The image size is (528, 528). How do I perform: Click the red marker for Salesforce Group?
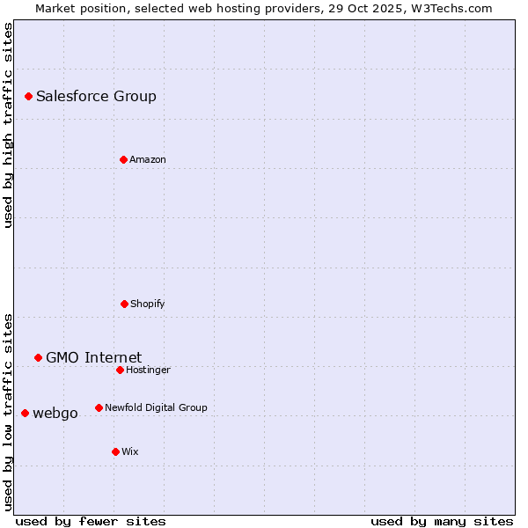(x=28, y=96)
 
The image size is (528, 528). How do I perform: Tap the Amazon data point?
(x=123, y=159)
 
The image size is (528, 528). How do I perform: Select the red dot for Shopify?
(x=124, y=304)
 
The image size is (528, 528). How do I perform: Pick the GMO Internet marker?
(x=38, y=357)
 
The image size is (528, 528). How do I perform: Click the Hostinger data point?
(x=120, y=370)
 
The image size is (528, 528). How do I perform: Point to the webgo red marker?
(x=25, y=413)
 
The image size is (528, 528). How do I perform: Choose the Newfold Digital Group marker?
(x=99, y=407)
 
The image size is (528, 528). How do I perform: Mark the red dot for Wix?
(x=115, y=451)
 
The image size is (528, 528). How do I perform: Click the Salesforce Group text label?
(x=96, y=97)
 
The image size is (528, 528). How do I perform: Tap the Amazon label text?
(x=148, y=160)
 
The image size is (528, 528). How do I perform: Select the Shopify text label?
(x=148, y=304)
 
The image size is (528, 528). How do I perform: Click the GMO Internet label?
(x=93, y=357)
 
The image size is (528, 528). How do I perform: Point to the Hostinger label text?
(x=148, y=370)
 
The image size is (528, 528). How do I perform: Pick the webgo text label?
(x=55, y=414)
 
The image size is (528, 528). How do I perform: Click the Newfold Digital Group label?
(x=156, y=408)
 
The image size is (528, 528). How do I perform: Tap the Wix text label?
(x=130, y=452)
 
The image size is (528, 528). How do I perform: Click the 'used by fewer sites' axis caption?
(x=91, y=521)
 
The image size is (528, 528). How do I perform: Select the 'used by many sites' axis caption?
(x=442, y=521)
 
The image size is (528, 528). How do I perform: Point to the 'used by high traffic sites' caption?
(x=8, y=125)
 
